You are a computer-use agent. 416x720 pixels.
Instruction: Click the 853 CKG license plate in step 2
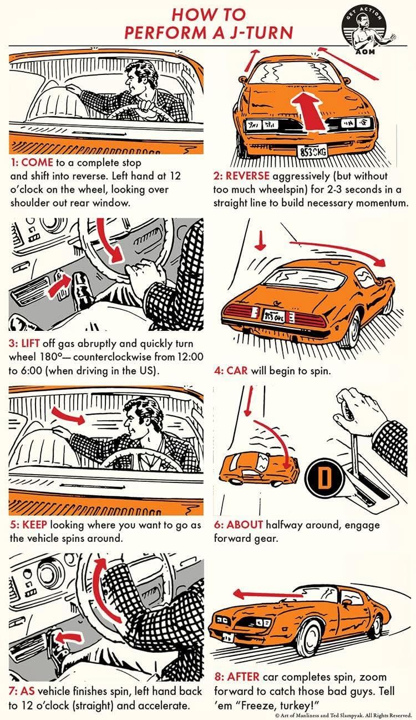click(312, 151)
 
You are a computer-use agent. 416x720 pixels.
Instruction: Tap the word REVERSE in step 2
click(247, 176)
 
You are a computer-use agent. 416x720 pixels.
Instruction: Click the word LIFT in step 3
click(31, 343)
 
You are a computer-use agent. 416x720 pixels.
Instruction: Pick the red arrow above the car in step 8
click(268, 595)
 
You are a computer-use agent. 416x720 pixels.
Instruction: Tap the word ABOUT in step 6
click(244, 525)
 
